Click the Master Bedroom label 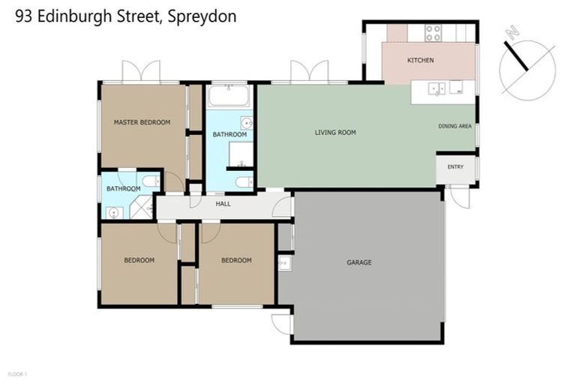tap(142, 122)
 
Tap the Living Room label tap(335, 133)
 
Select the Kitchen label tap(420, 60)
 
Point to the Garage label tap(358, 262)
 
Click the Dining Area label tap(454, 126)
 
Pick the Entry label tap(455, 166)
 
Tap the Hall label tap(223, 204)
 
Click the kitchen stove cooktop tap(433, 33)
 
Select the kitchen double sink tap(437, 89)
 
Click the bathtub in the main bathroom tap(229, 96)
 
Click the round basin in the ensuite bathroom tap(114, 213)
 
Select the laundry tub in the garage tap(284, 262)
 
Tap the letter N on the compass tap(512, 33)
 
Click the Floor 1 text tap(17, 373)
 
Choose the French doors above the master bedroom tap(141, 72)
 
